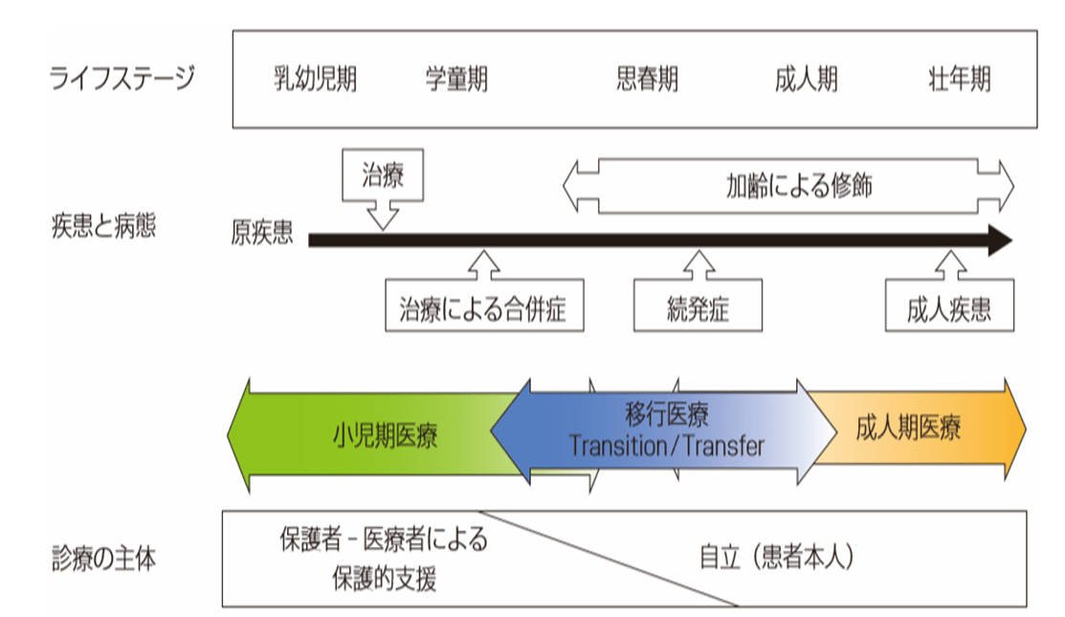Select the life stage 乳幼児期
tap(315, 80)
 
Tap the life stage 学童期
tap(456, 80)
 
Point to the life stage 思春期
tap(647, 80)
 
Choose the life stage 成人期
tap(806, 80)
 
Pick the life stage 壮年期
tap(960, 80)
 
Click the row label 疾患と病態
tap(102, 228)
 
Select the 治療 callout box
tap(383, 176)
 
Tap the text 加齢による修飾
tap(799, 185)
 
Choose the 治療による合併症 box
tap(484, 308)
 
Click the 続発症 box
tap(699, 308)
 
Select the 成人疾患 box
tap(948, 308)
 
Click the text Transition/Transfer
tap(667, 446)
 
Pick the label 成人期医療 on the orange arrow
tap(908, 428)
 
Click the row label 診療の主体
tap(103, 560)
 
